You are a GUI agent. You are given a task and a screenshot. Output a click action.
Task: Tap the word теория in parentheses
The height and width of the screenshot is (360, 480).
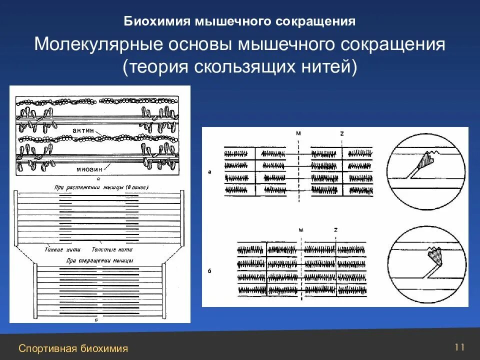click(155, 67)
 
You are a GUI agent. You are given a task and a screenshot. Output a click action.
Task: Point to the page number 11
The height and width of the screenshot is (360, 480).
click(459, 346)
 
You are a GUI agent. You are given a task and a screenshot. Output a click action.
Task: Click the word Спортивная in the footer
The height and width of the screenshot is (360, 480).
click(47, 348)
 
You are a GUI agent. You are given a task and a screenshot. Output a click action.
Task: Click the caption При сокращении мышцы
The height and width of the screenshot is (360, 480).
click(100, 260)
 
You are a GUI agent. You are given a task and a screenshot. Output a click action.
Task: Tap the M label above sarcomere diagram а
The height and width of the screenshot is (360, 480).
click(298, 134)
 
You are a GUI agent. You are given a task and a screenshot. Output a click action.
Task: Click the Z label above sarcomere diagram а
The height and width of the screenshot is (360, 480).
click(341, 134)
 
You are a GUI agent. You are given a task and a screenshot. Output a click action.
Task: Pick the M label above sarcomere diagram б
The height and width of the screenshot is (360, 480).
click(301, 230)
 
